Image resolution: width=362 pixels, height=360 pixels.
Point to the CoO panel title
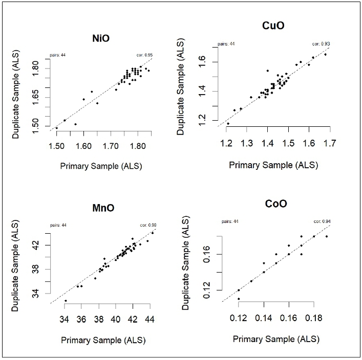click(276, 204)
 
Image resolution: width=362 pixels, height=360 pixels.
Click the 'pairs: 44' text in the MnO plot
click(58, 225)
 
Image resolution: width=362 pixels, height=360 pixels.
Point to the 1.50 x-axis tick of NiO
click(56, 147)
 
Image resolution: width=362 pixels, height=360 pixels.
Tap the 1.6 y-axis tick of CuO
click(208, 61)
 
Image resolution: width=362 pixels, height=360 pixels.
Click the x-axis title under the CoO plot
click(276, 339)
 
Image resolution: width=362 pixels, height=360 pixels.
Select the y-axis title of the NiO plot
click(17, 96)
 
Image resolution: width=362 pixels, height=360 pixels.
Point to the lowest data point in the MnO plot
click(66, 301)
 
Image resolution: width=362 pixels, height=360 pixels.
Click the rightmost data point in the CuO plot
click(325, 54)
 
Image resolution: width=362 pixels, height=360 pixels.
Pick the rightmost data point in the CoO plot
click(326, 236)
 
